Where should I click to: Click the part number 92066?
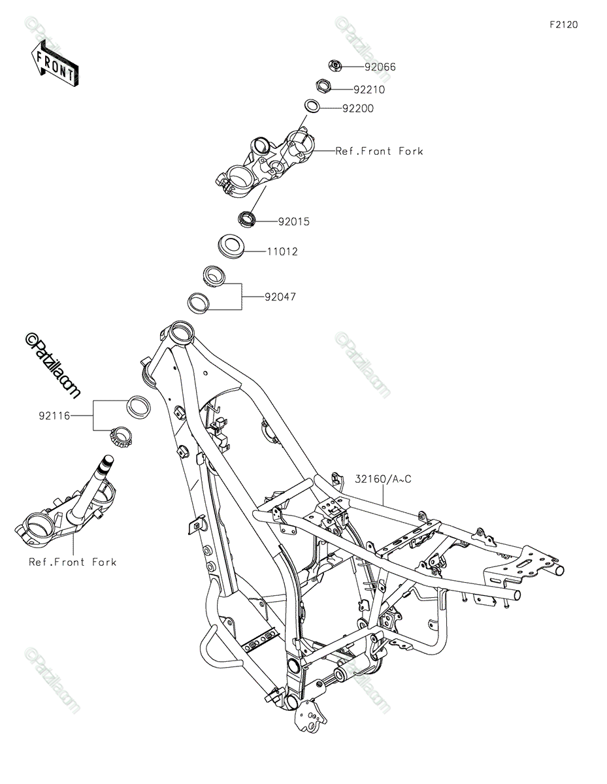pyautogui.click(x=380, y=67)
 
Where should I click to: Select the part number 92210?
pyautogui.click(x=369, y=90)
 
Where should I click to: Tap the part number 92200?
pyautogui.click(x=358, y=108)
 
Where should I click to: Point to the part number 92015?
pyautogui.click(x=293, y=221)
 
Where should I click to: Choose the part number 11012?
pyautogui.click(x=282, y=252)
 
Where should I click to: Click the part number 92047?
pyautogui.click(x=280, y=297)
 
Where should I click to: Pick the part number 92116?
pyautogui.click(x=54, y=416)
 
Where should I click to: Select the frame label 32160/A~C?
pyautogui.click(x=383, y=479)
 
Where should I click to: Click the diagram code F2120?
pyautogui.click(x=564, y=25)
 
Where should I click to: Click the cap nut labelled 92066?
pyautogui.click(x=335, y=65)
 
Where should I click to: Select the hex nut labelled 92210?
pyautogui.click(x=322, y=87)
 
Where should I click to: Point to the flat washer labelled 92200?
pyautogui.click(x=312, y=106)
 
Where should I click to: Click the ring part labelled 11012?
pyautogui.click(x=231, y=246)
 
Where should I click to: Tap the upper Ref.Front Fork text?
pyautogui.click(x=379, y=151)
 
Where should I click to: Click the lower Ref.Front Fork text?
pyautogui.click(x=73, y=562)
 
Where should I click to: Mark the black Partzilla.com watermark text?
pyautogui.click(x=52, y=365)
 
